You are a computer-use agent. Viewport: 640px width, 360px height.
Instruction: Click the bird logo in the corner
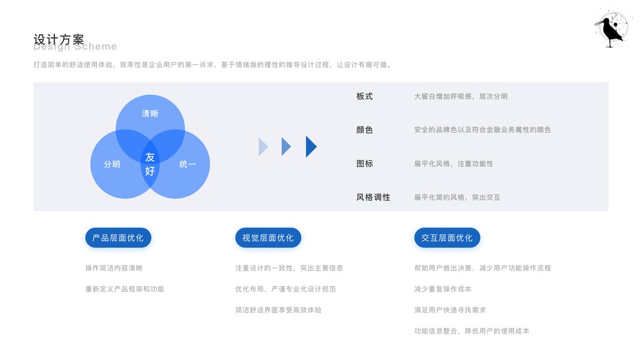[612, 28]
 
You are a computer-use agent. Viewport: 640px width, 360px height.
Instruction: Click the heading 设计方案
[59, 40]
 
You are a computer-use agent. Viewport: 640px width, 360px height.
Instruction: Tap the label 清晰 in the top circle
[150, 113]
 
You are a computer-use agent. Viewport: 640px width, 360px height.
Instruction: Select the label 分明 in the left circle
[112, 164]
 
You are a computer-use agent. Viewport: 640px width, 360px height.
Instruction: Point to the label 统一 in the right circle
[188, 164]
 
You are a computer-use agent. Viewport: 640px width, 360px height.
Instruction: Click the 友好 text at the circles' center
[150, 164]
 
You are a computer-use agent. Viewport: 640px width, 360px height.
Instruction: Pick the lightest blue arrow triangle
[263, 146]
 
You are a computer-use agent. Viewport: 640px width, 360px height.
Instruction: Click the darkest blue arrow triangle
[311, 146]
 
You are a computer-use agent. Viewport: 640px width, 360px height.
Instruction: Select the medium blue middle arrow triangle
[286, 146]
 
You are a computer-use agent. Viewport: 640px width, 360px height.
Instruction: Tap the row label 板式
[365, 96]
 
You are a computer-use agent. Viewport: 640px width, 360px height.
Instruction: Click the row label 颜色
[365, 130]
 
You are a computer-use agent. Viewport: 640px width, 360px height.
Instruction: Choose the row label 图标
[365, 163]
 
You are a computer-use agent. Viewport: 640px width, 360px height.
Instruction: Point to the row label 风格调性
[373, 197]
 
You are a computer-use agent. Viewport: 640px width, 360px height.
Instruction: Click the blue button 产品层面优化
[118, 238]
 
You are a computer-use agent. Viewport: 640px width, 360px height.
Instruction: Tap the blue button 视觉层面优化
[268, 238]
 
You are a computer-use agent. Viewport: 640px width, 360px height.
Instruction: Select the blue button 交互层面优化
[447, 238]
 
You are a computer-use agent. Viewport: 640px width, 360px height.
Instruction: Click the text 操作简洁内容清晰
[114, 268]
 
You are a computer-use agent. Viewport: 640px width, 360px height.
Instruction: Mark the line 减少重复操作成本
[443, 289]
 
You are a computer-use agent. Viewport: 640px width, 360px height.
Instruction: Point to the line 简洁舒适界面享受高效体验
[278, 310]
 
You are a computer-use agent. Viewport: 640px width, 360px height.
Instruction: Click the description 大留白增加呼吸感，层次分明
[461, 96]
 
